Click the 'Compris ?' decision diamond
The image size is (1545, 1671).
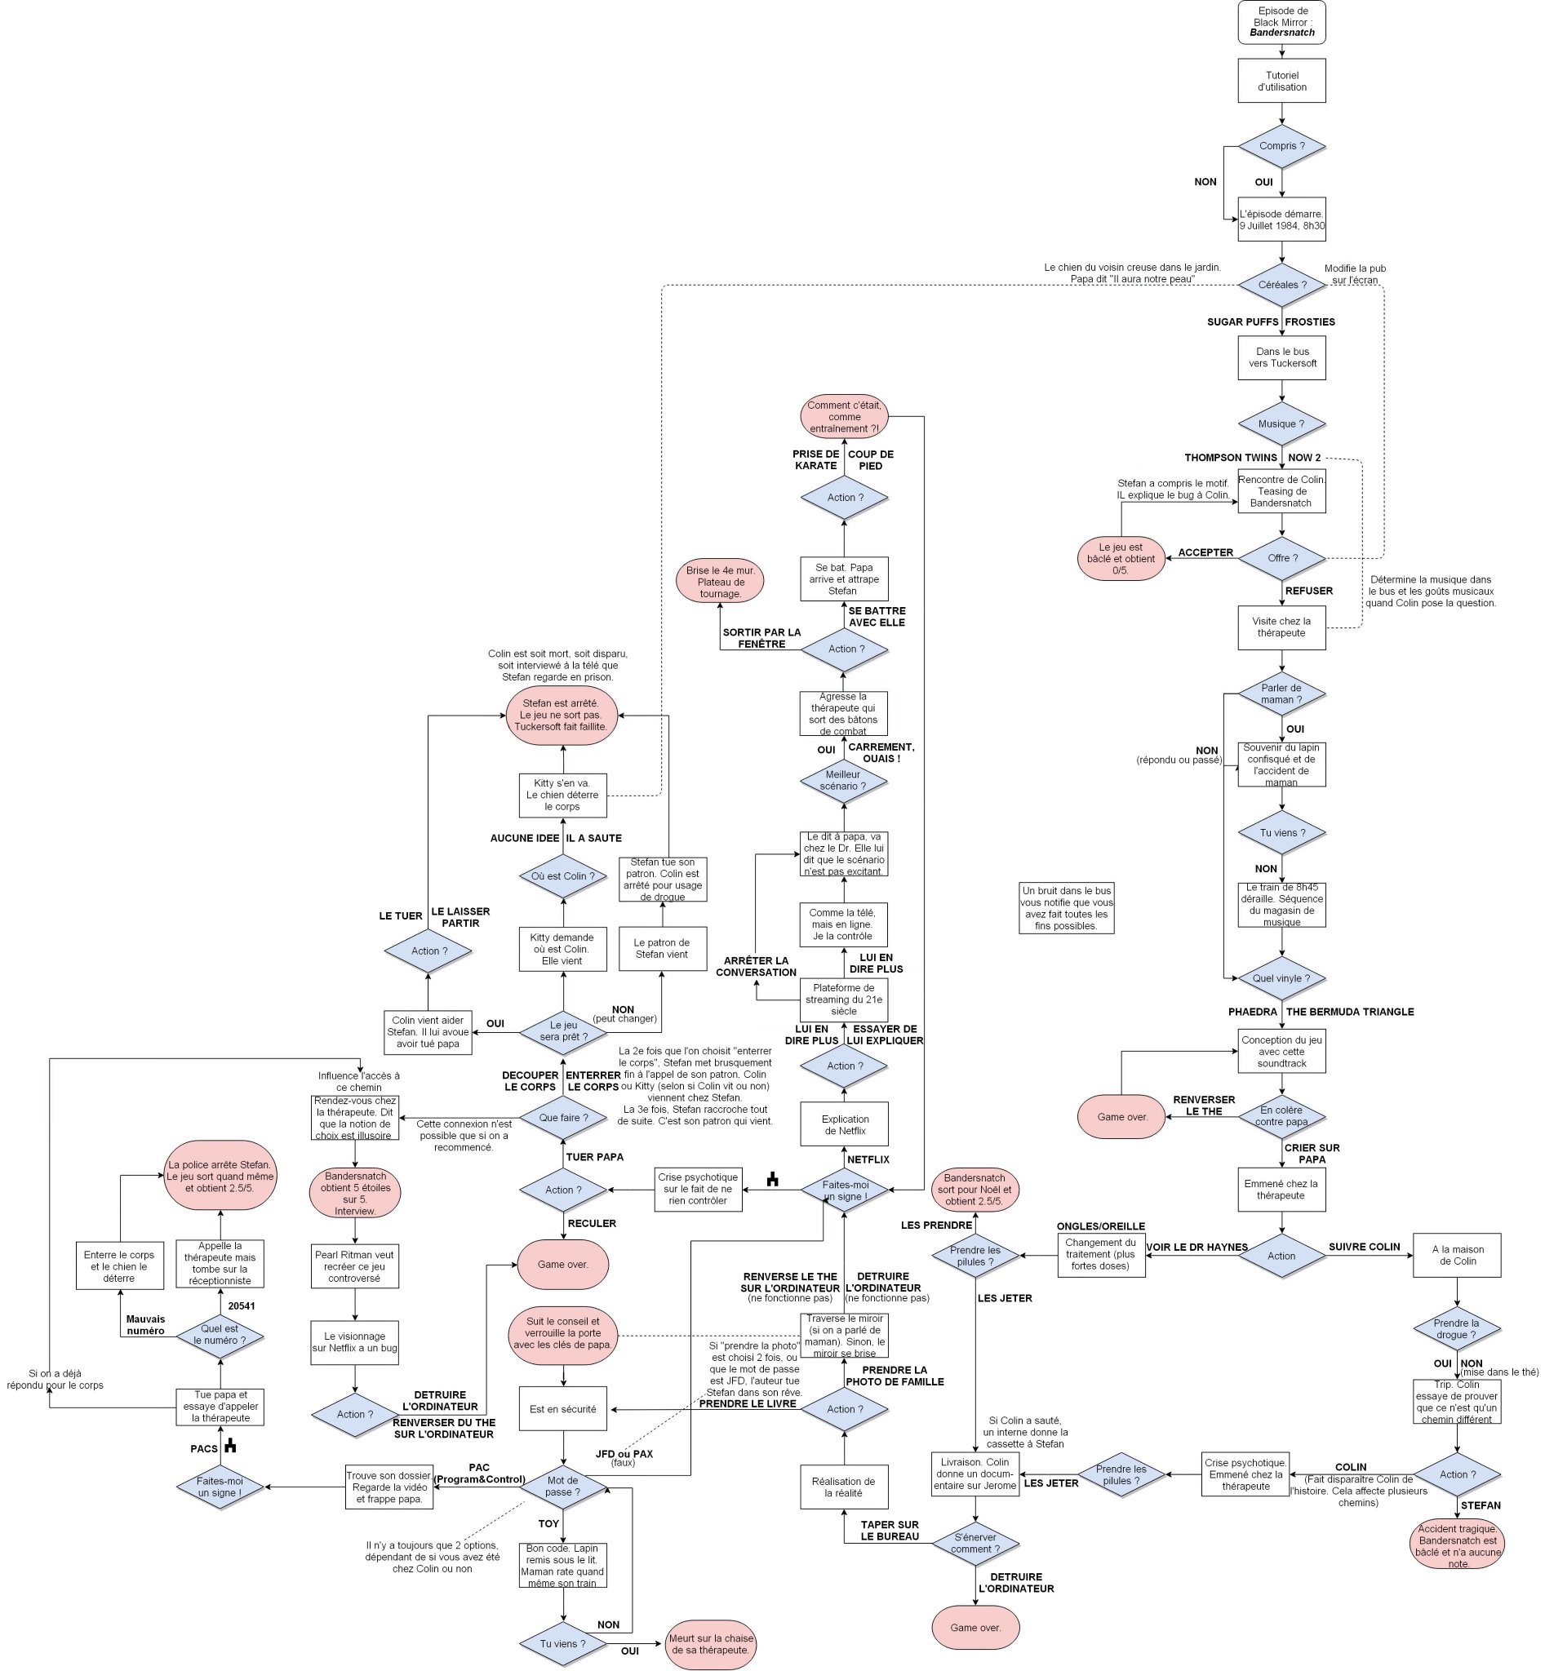click(1281, 146)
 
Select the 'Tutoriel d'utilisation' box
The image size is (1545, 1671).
click(1281, 81)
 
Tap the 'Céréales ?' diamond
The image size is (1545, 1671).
click(1281, 285)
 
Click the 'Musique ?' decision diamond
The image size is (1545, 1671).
click(1281, 423)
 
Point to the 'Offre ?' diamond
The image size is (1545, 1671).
click(1281, 558)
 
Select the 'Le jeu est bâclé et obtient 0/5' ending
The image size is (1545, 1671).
click(1121, 558)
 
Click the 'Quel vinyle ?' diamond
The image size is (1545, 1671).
click(1281, 978)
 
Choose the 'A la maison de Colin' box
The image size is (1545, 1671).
click(1456, 1256)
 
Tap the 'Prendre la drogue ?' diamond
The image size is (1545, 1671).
click(1456, 1329)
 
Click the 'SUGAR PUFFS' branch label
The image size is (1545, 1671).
click(1242, 321)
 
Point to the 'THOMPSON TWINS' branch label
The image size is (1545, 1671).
click(1231, 457)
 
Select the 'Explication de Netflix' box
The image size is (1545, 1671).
click(845, 1124)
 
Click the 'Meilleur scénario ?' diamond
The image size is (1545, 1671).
click(843, 781)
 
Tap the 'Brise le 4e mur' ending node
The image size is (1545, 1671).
click(720, 582)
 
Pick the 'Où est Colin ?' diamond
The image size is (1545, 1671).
click(562, 876)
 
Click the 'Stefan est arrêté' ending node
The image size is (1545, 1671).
click(562, 715)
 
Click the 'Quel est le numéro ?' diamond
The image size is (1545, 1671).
click(220, 1334)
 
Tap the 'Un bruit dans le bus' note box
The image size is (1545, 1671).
click(1066, 908)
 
